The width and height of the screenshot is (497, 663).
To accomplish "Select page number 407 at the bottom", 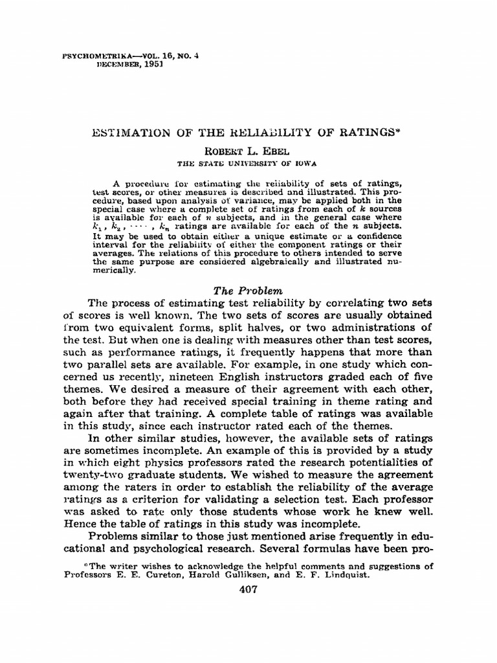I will tap(248, 589).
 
